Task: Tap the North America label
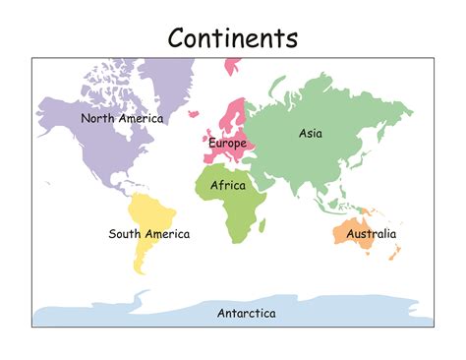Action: point(122,118)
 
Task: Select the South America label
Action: point(149,234)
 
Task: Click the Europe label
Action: point(227,144)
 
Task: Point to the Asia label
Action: point(311,133)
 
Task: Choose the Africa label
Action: point(228,184)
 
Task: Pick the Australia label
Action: point(372,234)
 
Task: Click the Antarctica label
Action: point(246,314)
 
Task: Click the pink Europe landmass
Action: point(234,118)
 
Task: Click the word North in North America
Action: point(99,118)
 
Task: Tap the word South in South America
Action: point(126,234)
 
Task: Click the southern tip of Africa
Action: point(236,241)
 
